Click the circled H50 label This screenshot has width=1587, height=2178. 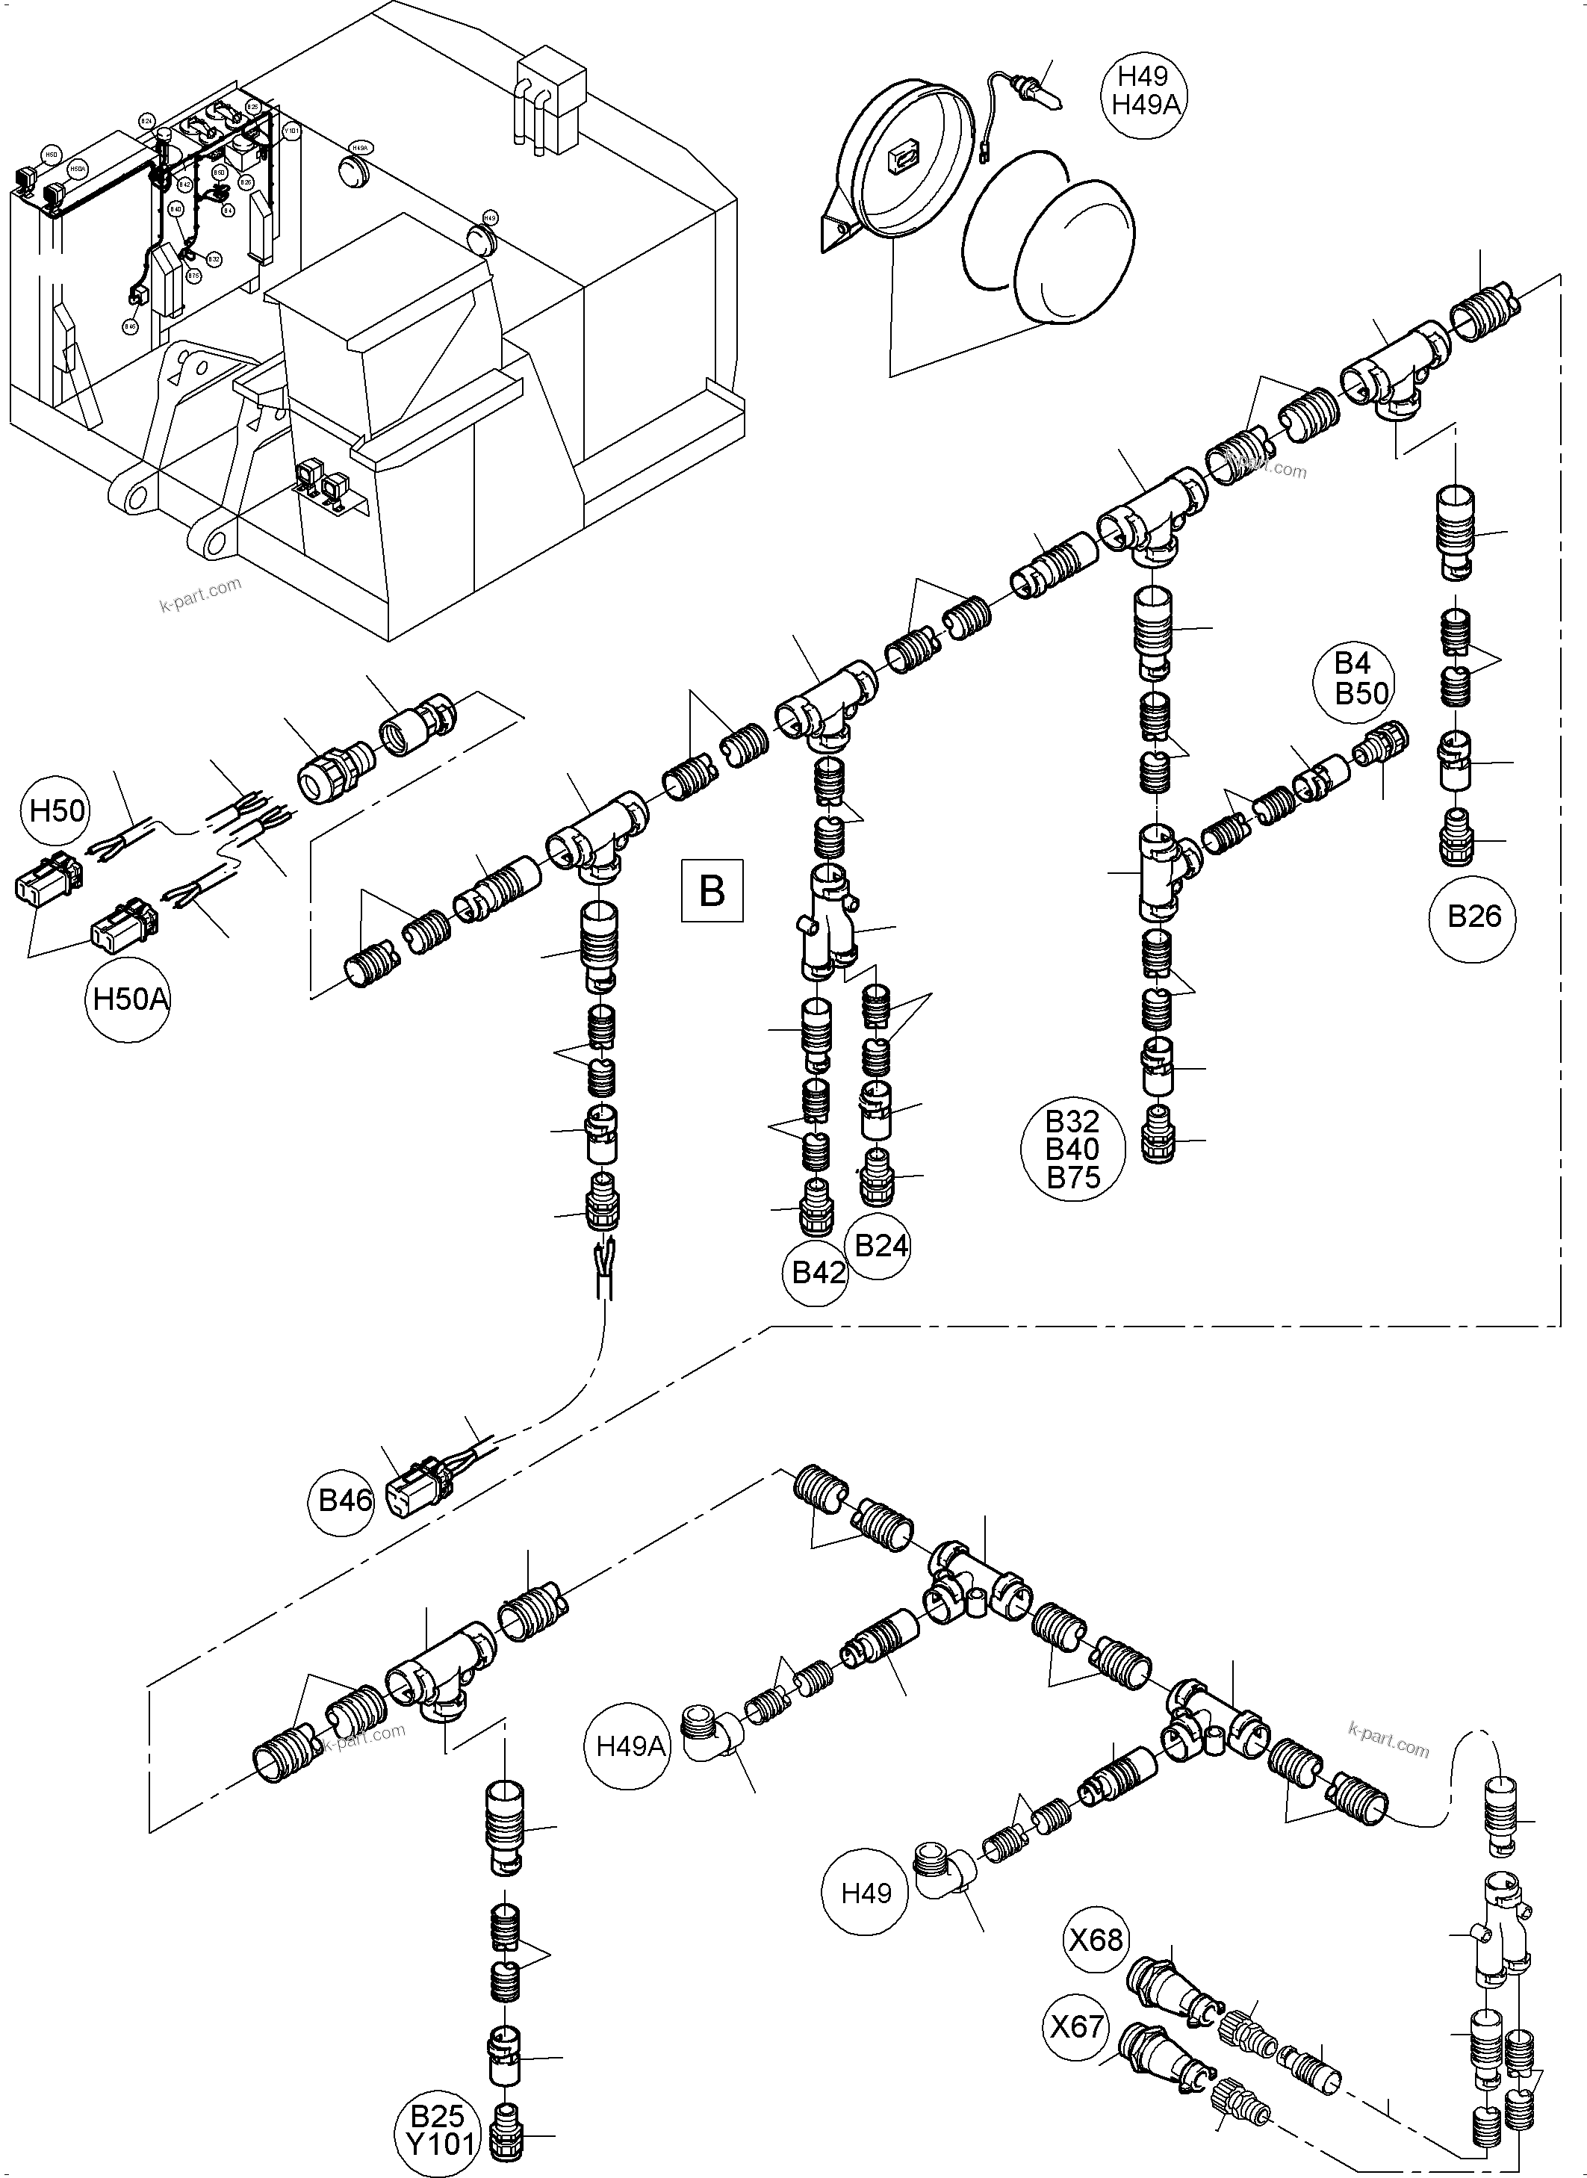click(x=57, y=811)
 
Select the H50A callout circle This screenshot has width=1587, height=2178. click(x=130, y=1000)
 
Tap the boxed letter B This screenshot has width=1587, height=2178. click(x=712, y=890)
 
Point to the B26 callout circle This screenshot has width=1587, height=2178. click(x=1473, y=916)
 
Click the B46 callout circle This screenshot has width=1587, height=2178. click(x=344, y=1501)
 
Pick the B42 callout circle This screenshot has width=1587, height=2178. click(x=818, y=1273)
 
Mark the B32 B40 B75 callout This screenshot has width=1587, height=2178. click(x=1072, y=1150)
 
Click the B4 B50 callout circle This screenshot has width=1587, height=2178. click(x=1361, y=677)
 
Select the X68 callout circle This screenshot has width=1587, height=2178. click(x=1097, y=1940)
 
